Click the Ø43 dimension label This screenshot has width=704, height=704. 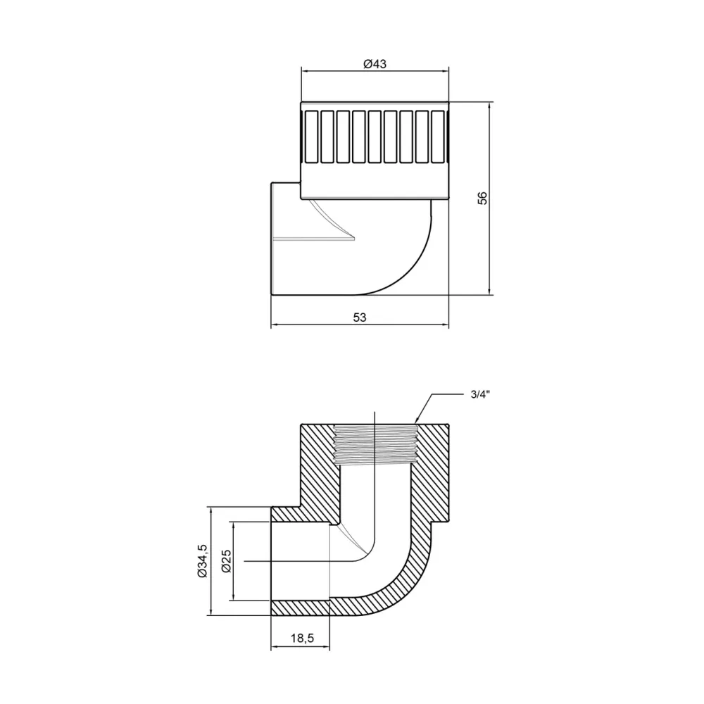(x=375, y=63)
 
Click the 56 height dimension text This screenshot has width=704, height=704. (x=482, y=198)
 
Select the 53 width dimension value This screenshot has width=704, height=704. (x=360, y=318)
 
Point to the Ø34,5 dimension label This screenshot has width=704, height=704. (x=202, y=560)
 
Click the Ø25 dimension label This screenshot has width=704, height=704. (x=225, y=561)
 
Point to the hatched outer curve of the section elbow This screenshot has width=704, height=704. (x=408, y=588)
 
